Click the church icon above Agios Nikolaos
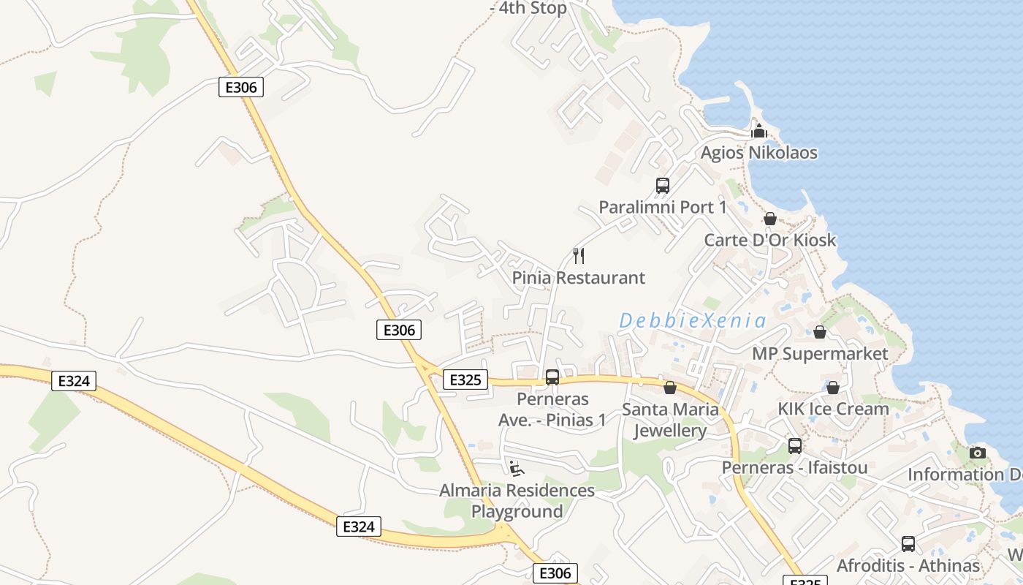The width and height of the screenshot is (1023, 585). pos(758,132)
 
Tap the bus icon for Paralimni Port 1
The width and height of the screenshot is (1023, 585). pos(663,186)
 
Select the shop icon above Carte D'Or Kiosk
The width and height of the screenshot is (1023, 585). pos(769,219)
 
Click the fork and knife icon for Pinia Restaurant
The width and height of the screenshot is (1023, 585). pos(579,256)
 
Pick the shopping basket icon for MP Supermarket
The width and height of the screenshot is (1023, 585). pos(820,332)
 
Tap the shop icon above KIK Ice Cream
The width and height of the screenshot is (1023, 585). pos(832,388)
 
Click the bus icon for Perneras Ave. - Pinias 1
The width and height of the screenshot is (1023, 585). pos(552,377)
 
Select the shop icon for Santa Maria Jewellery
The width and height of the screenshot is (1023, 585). pos(669,388)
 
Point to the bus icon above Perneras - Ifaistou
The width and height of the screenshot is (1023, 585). pos(794,445)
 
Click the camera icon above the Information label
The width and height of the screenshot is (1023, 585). pos(977,453)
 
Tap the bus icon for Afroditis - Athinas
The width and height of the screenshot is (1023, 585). pos(908,544)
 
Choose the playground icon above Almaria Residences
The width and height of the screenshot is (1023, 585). pos(517,469)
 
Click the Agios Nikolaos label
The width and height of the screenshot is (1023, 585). pos(758,153)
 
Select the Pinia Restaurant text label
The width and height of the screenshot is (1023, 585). pos(578,278)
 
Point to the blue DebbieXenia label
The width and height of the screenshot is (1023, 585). pos(693,320)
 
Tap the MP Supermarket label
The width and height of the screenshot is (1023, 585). pos(820,354)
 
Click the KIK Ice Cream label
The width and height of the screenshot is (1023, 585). pos(833,409)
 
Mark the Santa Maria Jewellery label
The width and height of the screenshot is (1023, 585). pos(670,420)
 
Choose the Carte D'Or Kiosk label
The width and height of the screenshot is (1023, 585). pos(769,240)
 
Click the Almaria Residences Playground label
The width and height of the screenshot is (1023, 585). pos(517,501)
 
